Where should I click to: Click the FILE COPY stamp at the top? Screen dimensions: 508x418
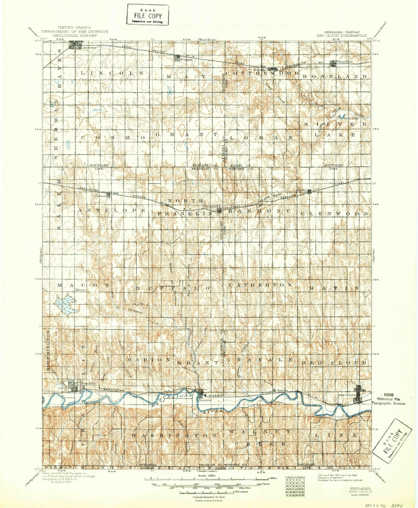[148, 15]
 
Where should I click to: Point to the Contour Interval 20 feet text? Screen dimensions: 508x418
[209, 497]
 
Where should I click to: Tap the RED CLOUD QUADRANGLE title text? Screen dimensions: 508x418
[341, 36]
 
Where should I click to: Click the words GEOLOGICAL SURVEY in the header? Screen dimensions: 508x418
[75, 36]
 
